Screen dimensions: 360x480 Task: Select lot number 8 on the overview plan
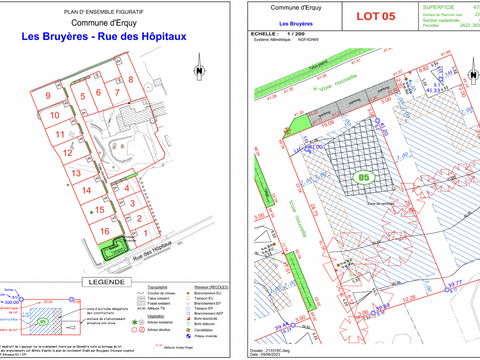coord(130,80)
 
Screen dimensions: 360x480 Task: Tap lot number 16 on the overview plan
coord(103,231)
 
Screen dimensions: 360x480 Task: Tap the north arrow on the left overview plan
coord(199,71)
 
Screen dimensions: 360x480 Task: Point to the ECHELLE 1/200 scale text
coord(283,33)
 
